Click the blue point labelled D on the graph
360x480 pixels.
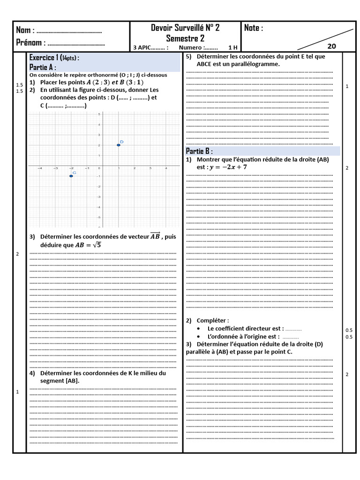[x=119, y=145]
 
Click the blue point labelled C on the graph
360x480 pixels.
[x=71, y=176]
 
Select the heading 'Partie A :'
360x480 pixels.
[x=43, y=67]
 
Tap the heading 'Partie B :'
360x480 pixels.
[x=199, y=151]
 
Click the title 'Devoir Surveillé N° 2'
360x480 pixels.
[x=185, y=28]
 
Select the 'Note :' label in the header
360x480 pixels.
[x=254, y=28]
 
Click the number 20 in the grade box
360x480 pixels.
[x=331, y=46]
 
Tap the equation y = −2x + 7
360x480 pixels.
[x=228, y=167]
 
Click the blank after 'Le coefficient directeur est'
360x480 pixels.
[x=293, y=329]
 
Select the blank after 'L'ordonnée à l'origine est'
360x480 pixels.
[x=291, y=337]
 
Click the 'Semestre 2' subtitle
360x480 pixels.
[x=185, y=38]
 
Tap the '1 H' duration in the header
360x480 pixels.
[x=232, y=47]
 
